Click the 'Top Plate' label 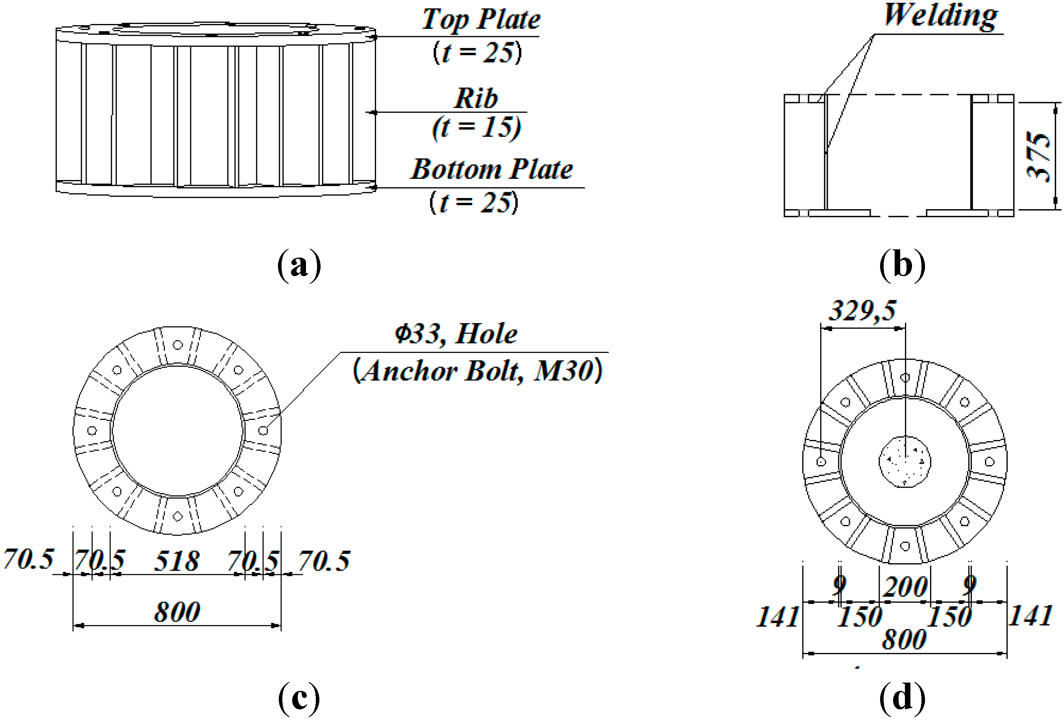[x=481, y=19]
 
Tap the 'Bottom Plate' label [x=492, y=169]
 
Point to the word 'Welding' [x=940, y=16]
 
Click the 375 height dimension [x=1038, y=157]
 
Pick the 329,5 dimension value [x=862, y=310]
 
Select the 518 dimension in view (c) [x=177, y=560]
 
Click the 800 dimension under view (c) [x=177, y=611]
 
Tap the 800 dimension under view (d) [x=904, y=639]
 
